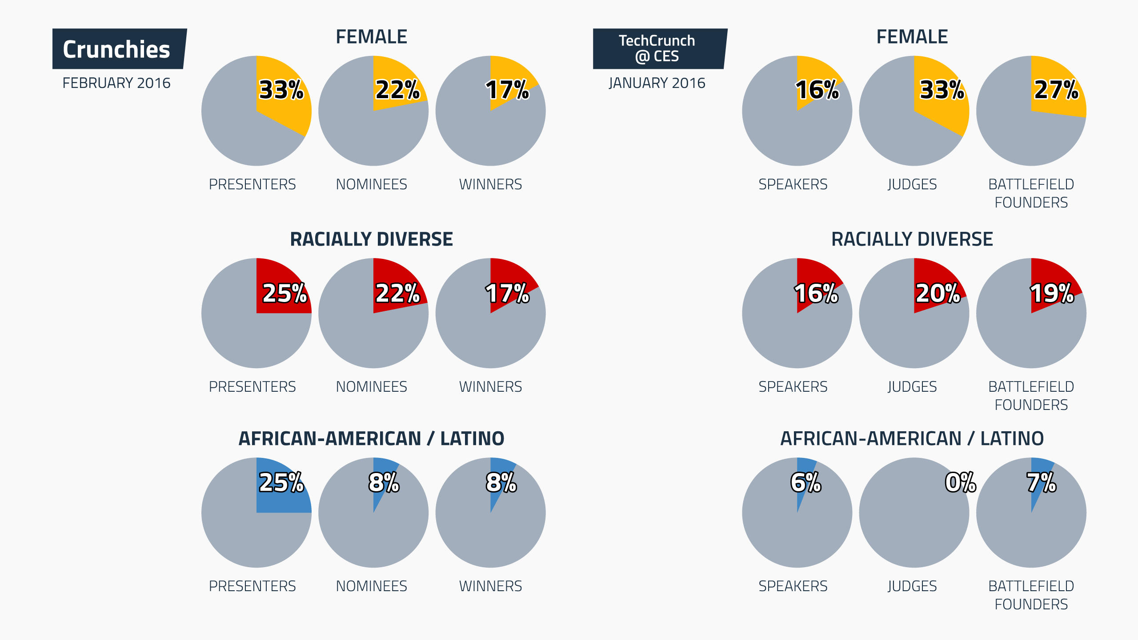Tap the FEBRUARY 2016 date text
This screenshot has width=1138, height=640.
[116, 83]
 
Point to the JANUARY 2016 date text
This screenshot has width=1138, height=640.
[657, 83]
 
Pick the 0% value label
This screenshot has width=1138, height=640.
[960, 482]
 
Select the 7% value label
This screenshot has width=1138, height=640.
[1041, 482]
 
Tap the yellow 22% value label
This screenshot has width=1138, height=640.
[397, 90]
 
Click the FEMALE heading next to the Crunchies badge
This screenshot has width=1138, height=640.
[371, 37]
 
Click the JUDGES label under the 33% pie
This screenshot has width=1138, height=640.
[912, 184]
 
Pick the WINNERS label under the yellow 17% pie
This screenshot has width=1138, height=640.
[490, 184]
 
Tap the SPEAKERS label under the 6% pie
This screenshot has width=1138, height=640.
[793, 586]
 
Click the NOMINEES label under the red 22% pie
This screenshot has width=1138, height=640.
[371, 387]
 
